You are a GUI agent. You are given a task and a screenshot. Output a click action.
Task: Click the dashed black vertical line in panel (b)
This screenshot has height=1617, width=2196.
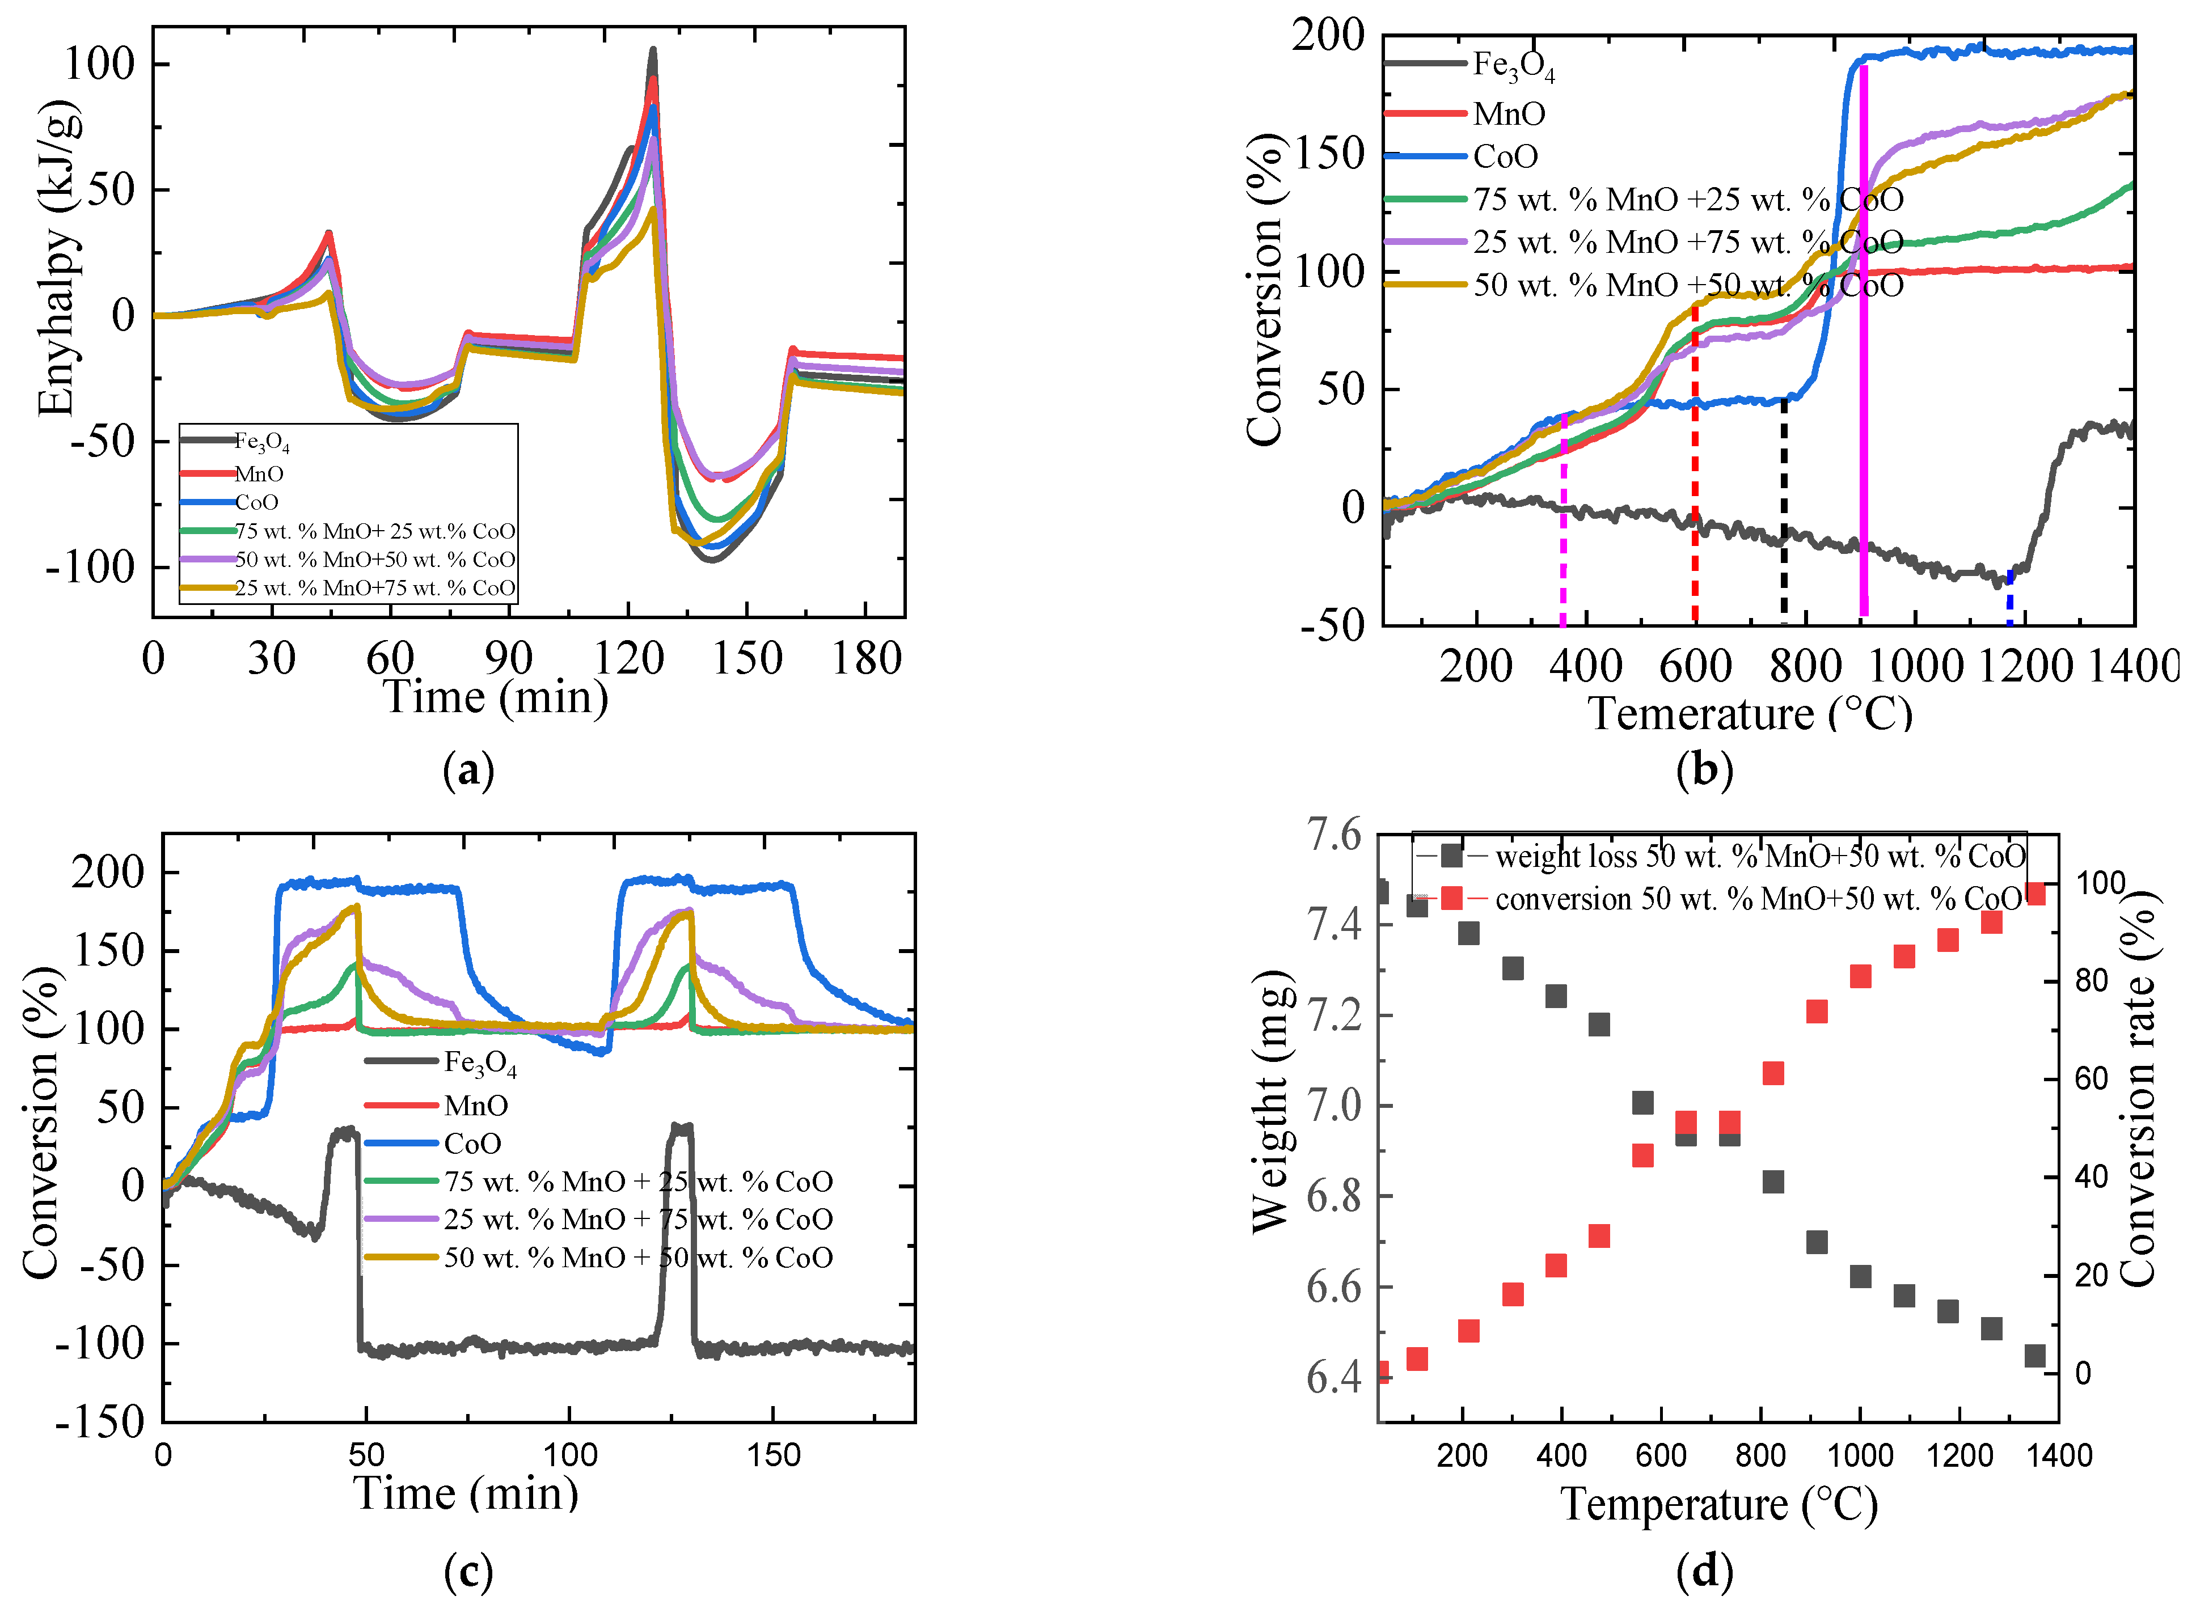coord(1784,509)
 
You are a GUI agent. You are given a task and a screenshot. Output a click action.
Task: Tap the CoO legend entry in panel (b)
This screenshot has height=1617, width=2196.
coord(1505,156)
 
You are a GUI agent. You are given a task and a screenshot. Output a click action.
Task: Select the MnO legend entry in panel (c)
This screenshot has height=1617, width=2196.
coord(476,1105)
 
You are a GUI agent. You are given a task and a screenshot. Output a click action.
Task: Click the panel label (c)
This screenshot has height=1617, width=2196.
coord(468,1573)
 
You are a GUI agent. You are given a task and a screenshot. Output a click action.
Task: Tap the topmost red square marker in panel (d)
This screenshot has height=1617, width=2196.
coord(2034,892)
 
